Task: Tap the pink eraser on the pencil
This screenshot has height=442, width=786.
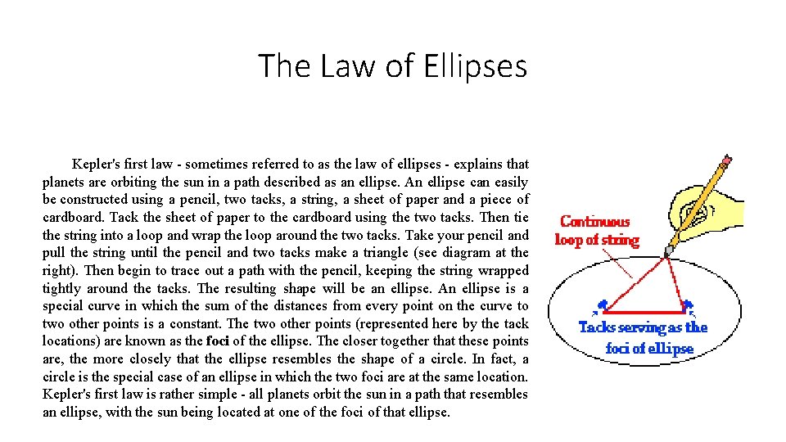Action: tap(726, 157)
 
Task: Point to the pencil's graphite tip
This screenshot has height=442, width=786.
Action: tap(668, 250)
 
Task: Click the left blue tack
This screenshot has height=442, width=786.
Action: tap(603, 306)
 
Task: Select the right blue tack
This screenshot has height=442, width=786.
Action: tap(689, 306)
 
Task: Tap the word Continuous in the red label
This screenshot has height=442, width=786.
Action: tap(595, 221)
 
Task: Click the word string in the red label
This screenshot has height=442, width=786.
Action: tap(621, 240)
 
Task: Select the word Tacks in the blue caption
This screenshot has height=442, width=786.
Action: tap(597, 327)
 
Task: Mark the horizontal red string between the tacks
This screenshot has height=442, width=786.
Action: tap(645, 312)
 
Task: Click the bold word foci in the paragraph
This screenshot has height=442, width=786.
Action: tap(218, 341)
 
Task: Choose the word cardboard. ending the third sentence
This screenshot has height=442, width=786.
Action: tap(75, 217)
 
